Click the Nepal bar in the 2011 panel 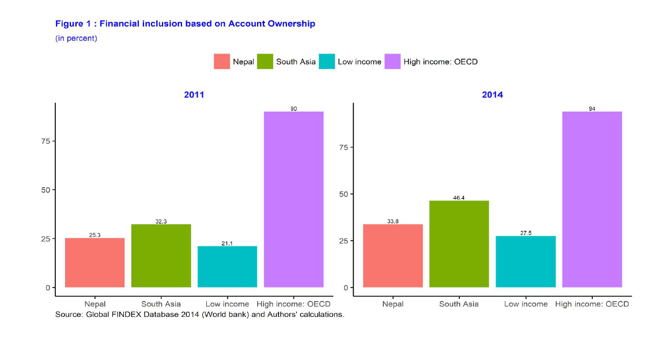tap(95, 263)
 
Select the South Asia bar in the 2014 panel tap(459, 244)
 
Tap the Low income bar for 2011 tap(227, 267)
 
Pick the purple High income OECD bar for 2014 tap(592, 199)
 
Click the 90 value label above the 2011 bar tap(294, 108)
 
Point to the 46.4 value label tap(459, 198)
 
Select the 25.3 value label tap(95, 235)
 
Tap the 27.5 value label tap(526, 233)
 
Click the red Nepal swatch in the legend tap(222, 61)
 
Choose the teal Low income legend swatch tap(327, 61)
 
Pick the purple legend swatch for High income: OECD tap(392, 61)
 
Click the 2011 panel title tap(194, 94)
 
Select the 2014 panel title tap(492, 94)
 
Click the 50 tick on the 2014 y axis tap(343, 194)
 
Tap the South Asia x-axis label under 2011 tap(161, 304)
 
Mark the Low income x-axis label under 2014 tap(526, 304)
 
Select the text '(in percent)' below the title tap(76, 38)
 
